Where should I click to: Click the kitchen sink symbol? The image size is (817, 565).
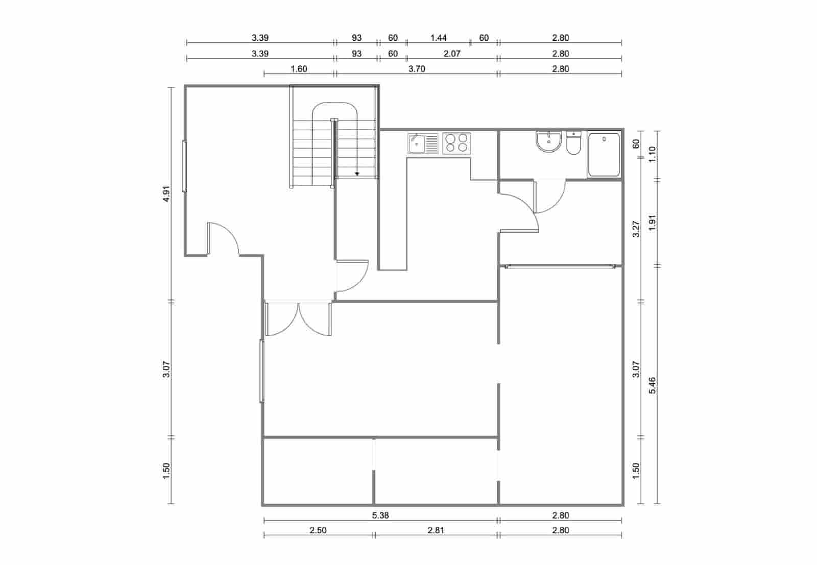(423, 143)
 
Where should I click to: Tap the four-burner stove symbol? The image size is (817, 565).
(456, 143)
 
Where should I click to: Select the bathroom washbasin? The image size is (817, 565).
(548, 141)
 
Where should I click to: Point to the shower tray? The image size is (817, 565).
(604, 154)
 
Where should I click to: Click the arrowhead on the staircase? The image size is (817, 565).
(357, 174)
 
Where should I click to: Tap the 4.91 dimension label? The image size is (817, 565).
(165, 194)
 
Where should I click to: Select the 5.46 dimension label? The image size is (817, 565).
(652, 385)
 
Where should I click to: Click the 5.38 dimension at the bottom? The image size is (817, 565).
(380, 515)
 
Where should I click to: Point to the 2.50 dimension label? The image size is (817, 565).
(318, 530)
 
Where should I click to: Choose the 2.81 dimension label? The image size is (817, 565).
(436, 530)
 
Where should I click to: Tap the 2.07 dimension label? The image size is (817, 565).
(452, 54)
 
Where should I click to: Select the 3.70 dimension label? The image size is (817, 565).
(417, 69)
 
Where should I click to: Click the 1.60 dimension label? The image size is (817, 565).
(299, 69)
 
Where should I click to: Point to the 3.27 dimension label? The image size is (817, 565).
(636, 229)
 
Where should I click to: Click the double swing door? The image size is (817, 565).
(299, 319)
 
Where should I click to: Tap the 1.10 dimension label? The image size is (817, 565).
(652, 154)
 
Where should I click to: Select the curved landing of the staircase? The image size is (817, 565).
(334, 110)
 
